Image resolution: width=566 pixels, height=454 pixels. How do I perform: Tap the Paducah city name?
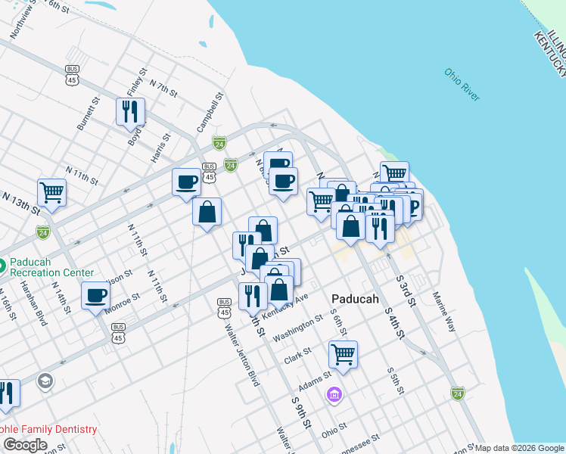click(355, 298)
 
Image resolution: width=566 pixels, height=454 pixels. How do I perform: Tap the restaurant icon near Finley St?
click(130, 111)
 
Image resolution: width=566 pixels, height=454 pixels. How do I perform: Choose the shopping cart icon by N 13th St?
click(51, 191)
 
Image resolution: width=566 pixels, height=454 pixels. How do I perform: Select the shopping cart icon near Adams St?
click(343, 353)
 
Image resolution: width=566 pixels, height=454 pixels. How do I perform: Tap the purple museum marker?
click(334, 394)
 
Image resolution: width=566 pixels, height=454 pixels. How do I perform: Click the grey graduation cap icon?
click(45, 381)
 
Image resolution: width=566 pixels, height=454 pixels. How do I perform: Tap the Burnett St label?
click(89, 113)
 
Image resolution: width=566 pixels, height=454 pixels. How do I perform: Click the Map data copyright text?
click(519, 448)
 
